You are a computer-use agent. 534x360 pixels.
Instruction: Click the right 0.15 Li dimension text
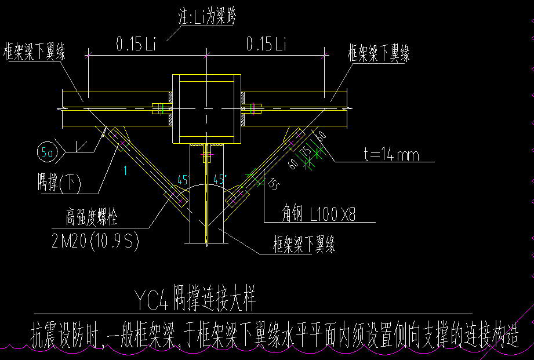pyautogui.click(x=266, y=44)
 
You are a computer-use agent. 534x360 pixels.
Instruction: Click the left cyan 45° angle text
pyautogui.click(x=184, y=180)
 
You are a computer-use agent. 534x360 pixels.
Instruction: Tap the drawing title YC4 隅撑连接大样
pyautogui.click(x=194, y=300)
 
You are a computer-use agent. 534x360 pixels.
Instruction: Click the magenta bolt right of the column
pyautogui.click(x=256, y=108)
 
